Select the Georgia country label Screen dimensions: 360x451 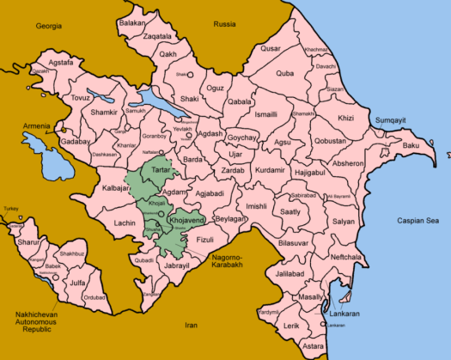click(x=50, y=27)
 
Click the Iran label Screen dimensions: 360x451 click(x=191, y=326)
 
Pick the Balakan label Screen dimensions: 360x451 click(x=131, y=22)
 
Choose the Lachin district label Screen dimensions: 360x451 click(x=125, y=223)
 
